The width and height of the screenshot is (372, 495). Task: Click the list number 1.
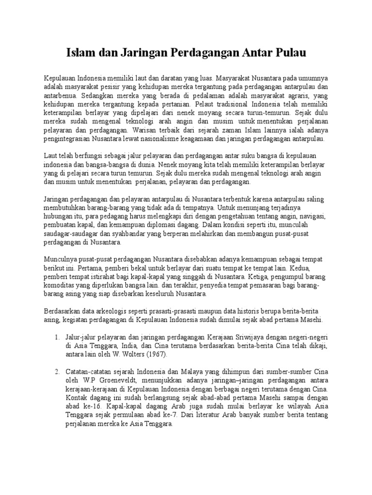56,337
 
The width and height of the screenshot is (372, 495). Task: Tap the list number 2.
56,372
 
